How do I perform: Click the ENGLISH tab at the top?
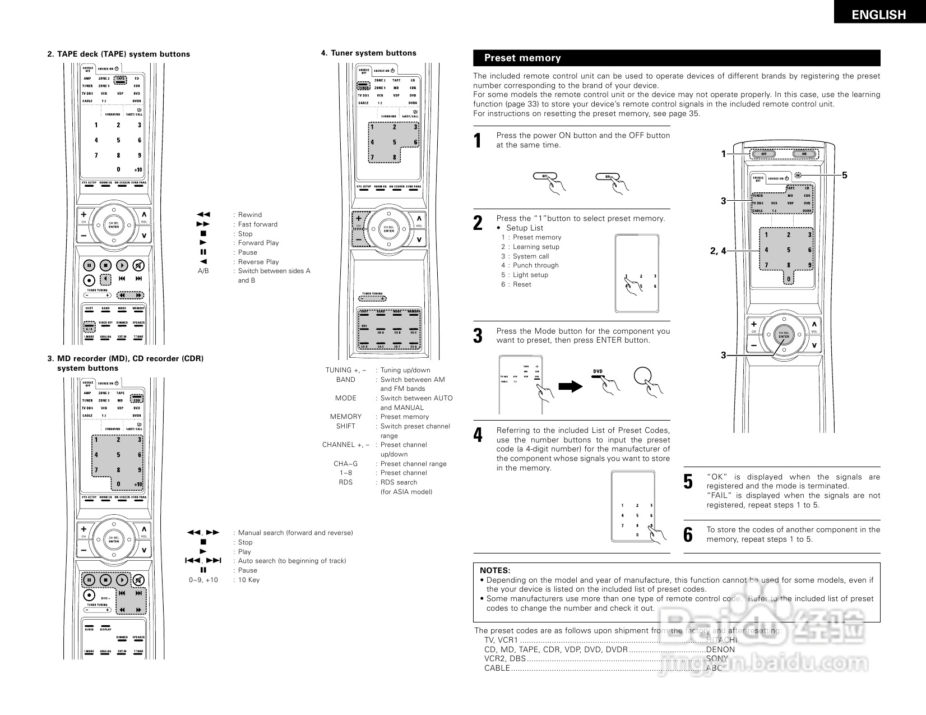point(878,15)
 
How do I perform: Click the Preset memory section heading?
point(522,58)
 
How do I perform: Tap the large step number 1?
point(478,141)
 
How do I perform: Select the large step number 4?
point(478,435)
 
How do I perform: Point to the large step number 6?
point(688,535)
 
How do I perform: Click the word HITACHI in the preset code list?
point(721,640)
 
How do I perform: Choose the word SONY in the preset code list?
point(717,658)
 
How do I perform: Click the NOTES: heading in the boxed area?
point(495,570)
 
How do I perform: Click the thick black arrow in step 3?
point(571,386)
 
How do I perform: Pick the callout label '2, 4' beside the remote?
point(717,251)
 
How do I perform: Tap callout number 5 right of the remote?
point(844,176)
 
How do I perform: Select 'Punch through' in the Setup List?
point(535,265)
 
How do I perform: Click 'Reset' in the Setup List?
point(521,284)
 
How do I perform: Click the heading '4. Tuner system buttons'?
point(368,53)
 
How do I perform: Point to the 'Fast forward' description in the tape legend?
point(257,224)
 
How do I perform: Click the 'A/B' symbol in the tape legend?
point(203,271)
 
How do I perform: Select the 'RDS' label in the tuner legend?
point(345,482)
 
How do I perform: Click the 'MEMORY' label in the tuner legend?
point(345,417)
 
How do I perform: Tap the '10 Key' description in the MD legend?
point(249,580)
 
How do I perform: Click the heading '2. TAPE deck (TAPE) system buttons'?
point(118,54)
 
